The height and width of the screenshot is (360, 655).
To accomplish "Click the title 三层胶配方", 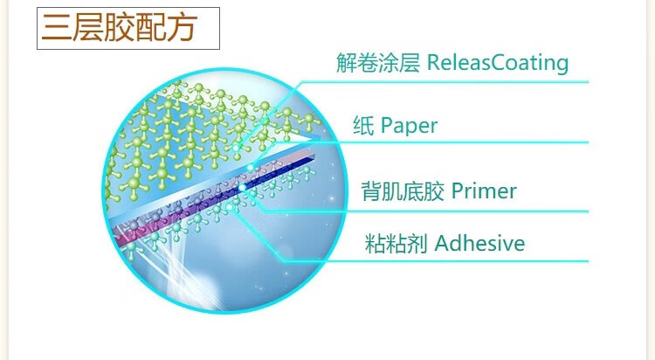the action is pyautogui.click(x=119, y=28).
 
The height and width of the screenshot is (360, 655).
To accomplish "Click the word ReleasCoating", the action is pyautogui.click(x=498, y=63).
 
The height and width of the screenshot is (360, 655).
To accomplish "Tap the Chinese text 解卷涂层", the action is pyautogui.click(x=378, y=63).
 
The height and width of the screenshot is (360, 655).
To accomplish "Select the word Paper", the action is pyautogui.click(x=409, y=126).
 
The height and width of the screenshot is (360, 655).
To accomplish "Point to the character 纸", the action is pyautogui.click(x=363, y=125).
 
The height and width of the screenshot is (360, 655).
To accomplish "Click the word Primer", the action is pyautogui.click(x=484, y=191).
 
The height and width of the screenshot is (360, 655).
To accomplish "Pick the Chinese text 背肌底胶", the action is pyautogui.click(x=403, y=191).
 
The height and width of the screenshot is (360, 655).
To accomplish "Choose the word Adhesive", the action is pyautogui.click(x=479, y=243).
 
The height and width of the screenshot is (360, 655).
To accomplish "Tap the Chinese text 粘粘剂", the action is pyautogui.click(x=396, y=243).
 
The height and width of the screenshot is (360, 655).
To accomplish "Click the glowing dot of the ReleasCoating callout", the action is pyautogui.click(x=237, y=148).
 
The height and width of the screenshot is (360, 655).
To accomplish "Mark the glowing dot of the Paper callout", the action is pyautogui.click(x=251, y=168).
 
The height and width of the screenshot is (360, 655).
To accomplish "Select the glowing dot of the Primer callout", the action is pyautogui.click(x=242, y=188).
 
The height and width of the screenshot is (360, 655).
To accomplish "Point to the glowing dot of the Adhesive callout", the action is pyautogui.click(x=229, y=206).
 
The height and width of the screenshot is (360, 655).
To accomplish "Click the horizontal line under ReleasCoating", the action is pyautogui.click(x=445, y=82).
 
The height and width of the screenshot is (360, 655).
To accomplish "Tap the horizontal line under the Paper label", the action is pyautogui.click(x=431, y=142).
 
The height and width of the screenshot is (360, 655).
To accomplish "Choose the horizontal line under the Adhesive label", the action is pyautogui.click(x=435, y=261).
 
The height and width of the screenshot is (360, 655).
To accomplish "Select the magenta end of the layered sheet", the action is pyautogui.click(x=125, y=236).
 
